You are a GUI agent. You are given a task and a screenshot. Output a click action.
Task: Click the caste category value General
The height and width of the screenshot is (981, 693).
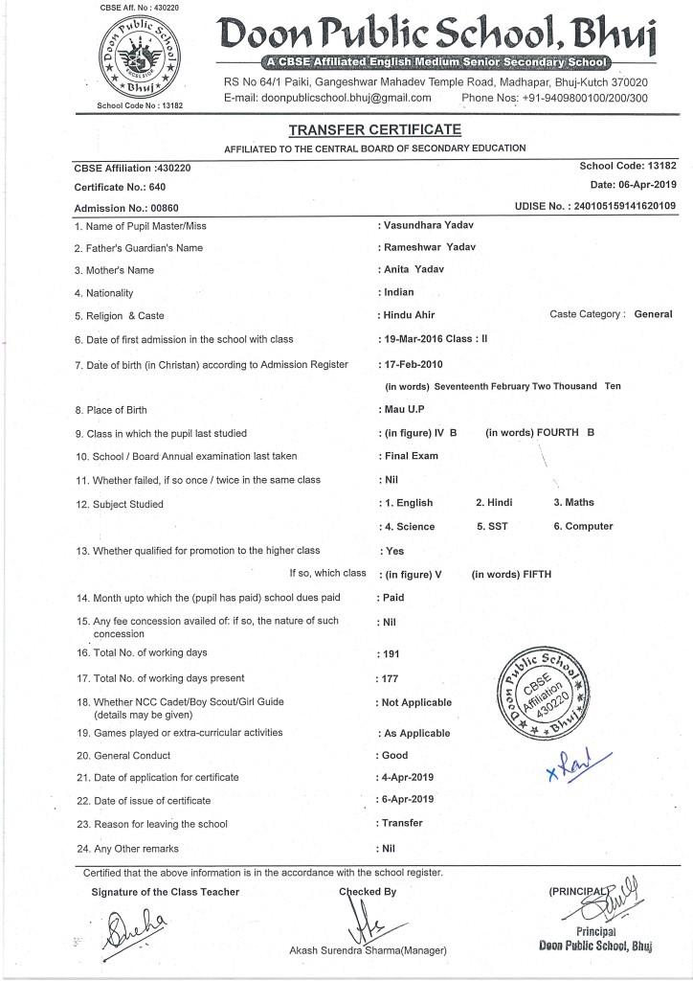654,314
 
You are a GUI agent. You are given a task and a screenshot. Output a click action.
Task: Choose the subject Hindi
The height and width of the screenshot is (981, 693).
494,502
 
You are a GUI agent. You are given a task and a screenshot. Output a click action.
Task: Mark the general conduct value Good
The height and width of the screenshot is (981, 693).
395,755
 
